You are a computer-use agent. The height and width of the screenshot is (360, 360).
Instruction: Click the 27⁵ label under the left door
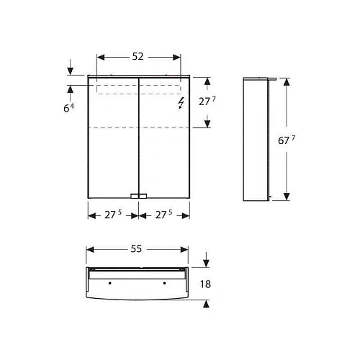(113, 215)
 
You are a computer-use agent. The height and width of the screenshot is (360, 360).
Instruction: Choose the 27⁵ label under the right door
(163, 215)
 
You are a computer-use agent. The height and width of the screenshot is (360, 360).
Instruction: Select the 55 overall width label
(138, 248)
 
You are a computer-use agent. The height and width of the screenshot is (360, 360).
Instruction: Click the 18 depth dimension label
(206, 284)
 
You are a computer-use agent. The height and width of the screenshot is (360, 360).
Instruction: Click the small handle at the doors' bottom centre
(138, 195)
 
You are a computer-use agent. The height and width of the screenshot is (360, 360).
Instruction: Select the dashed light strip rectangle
(138, 89)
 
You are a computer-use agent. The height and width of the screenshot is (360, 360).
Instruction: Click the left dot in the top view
(109, 282)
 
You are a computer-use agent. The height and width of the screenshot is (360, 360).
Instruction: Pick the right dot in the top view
(165, 282)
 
